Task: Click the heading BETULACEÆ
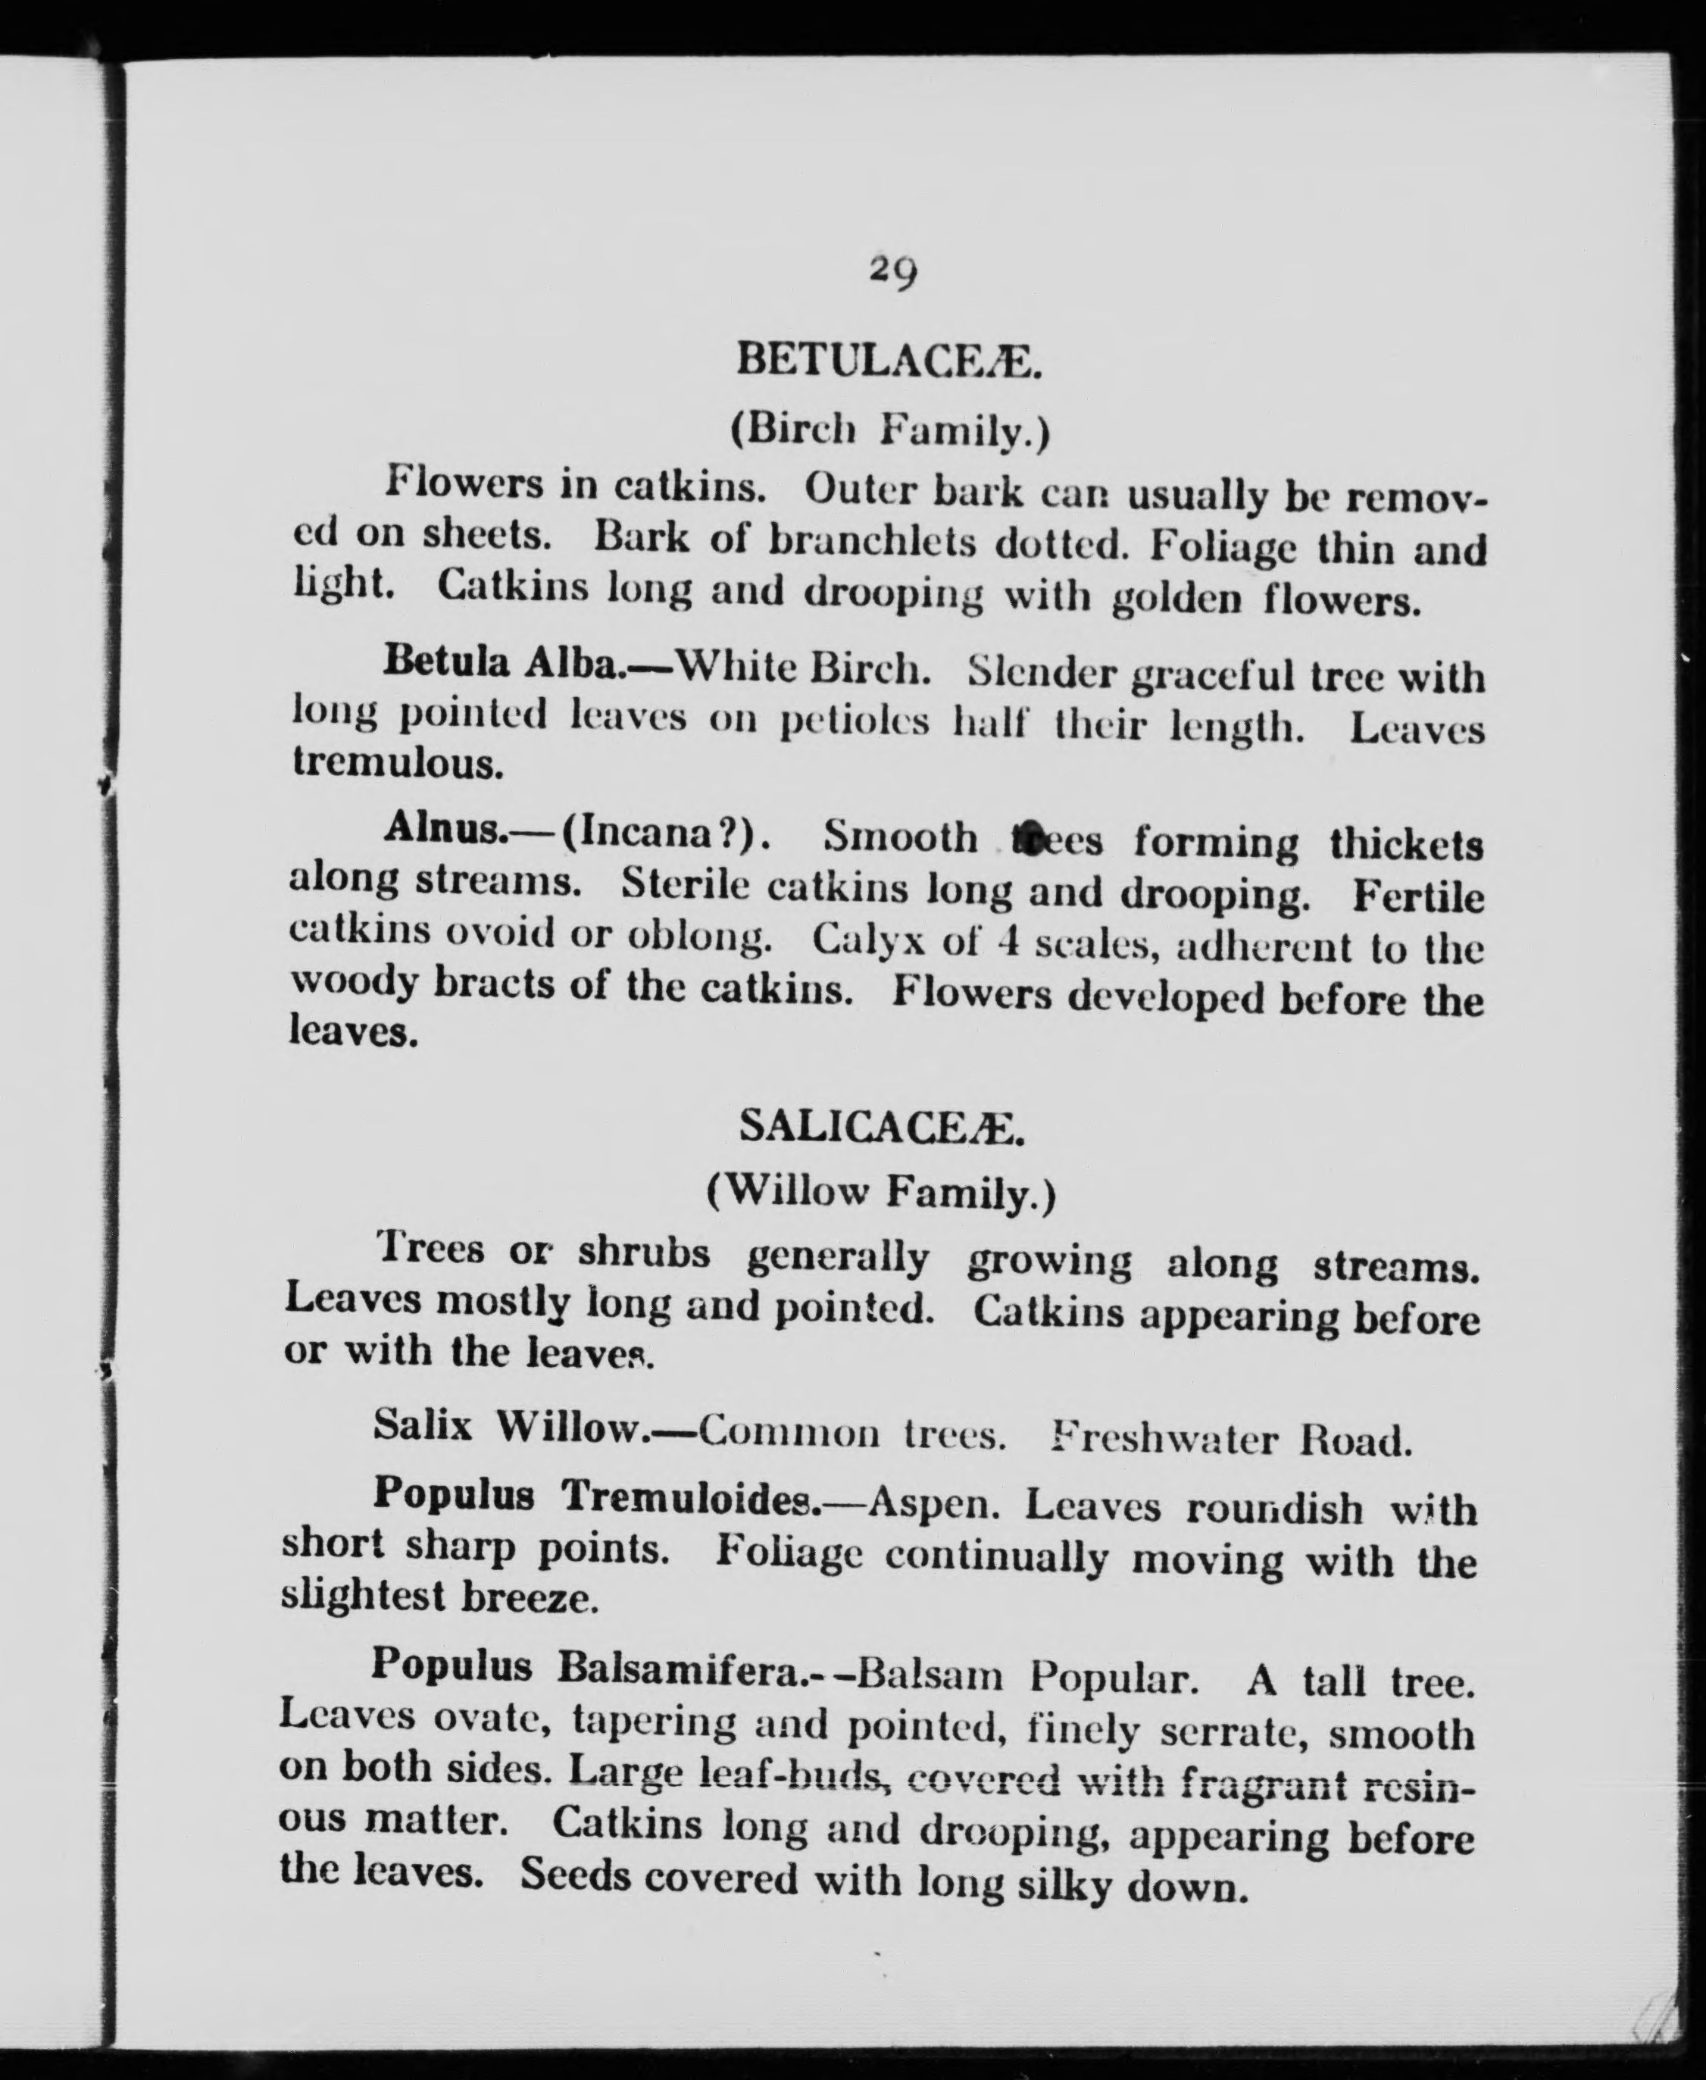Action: (889, 361)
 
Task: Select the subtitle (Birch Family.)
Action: (890, 430)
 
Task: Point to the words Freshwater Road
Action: (1230, 1439)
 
